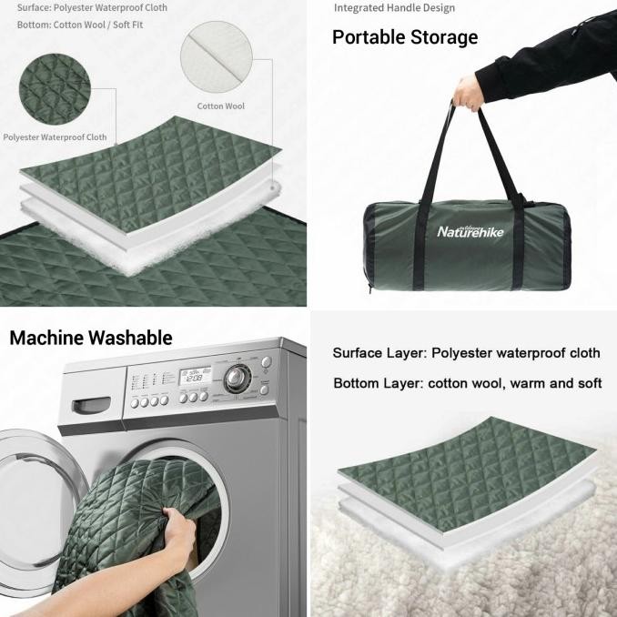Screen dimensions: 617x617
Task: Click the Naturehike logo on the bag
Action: click(470, 231)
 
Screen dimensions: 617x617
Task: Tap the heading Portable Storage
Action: click(405, 37)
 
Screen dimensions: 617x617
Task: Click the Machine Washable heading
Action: click(91, 338)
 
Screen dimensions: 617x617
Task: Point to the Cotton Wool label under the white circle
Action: click(221, 106)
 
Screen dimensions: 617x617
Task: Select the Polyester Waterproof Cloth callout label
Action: click(55, 137)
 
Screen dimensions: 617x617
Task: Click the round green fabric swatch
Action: click(55, 89)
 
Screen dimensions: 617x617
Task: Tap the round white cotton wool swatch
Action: click(217, 57)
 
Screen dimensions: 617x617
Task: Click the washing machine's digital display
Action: click(195, 376)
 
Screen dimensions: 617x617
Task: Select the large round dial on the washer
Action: click(236, 379)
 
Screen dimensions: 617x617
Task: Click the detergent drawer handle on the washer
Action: click(91, 405)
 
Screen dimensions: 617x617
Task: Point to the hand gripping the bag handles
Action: click(469, 93)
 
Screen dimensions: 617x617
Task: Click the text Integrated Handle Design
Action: click(394, 8)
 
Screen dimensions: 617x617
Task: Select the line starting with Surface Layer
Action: click(466, 353)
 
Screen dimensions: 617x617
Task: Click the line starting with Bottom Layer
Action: click(468, 383)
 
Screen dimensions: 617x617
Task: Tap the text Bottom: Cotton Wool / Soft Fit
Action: click(80, 25)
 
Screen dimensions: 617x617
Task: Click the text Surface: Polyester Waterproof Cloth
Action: click(92, 7)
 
